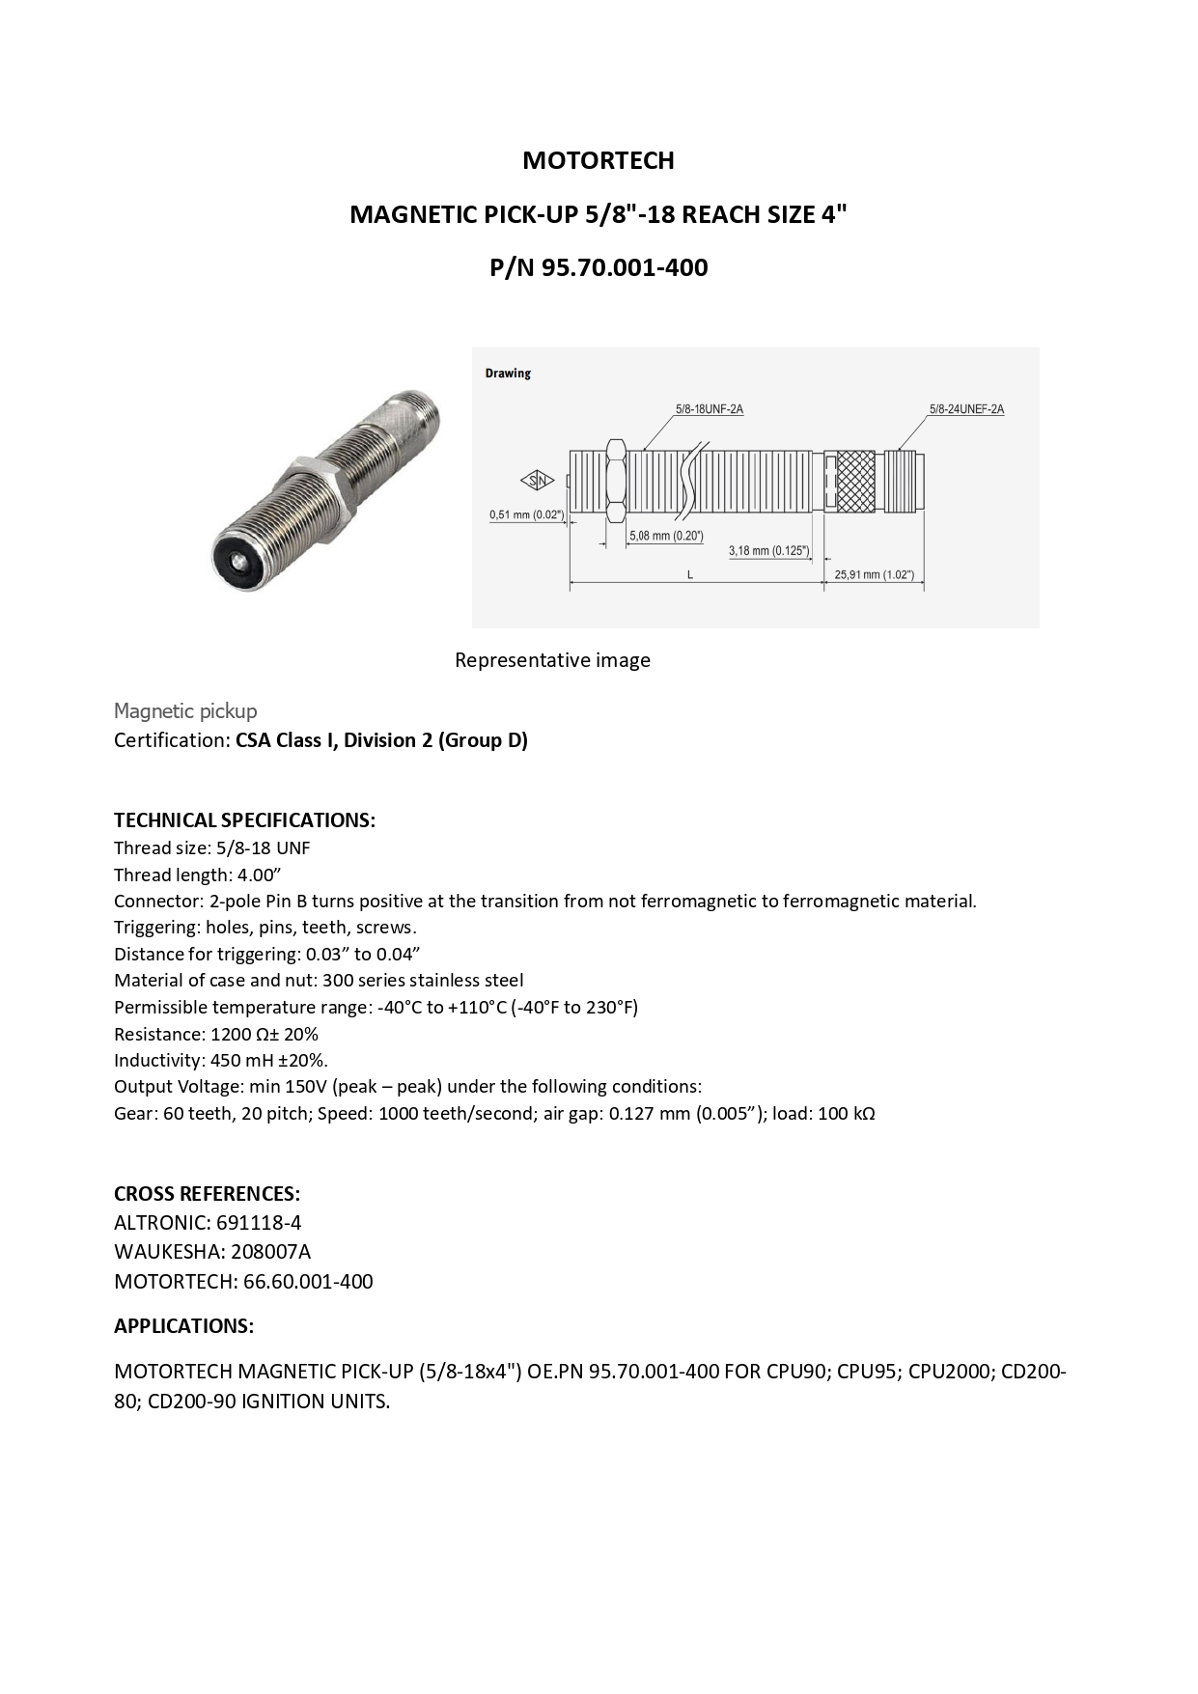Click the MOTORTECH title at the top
(599, 160)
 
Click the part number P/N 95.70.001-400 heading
(599, 267)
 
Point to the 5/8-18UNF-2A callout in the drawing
(709, 409)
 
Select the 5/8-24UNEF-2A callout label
(966, 409)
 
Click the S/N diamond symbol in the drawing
(536, 481)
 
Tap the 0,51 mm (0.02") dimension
(526, 514)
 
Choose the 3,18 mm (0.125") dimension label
(768, 550)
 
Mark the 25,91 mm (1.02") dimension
(874, 574)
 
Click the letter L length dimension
(690, 574)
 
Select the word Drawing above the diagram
(508, 374)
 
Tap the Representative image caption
(552, 660)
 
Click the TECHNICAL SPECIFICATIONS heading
(244, 820)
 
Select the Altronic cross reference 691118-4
(259, 1223)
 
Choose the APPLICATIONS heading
(183, 1326)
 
